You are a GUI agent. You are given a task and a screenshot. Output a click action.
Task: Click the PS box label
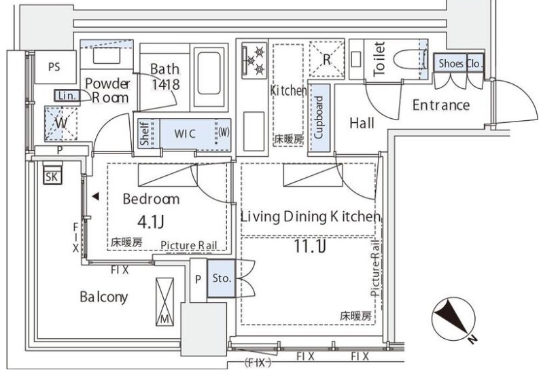(54, 67)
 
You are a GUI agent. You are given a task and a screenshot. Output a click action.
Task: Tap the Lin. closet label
(67, 96)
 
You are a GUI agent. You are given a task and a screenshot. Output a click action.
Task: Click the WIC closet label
(184, 133)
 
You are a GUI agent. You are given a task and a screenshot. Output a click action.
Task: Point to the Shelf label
(145, 133)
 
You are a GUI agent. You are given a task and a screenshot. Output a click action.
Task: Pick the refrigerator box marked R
(326, 59)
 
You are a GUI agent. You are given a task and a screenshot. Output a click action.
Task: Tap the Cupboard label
(319, 116)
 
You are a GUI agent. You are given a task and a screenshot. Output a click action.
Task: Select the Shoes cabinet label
(451, 64)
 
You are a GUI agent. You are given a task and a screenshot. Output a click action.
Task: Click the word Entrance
(440, 105)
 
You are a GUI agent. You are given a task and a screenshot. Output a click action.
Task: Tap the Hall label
(363, 123)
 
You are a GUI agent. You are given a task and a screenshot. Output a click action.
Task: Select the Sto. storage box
(222, 278)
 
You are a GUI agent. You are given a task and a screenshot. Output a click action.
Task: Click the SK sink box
(51, 178)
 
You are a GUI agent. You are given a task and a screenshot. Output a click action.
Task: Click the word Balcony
(103, 297)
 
